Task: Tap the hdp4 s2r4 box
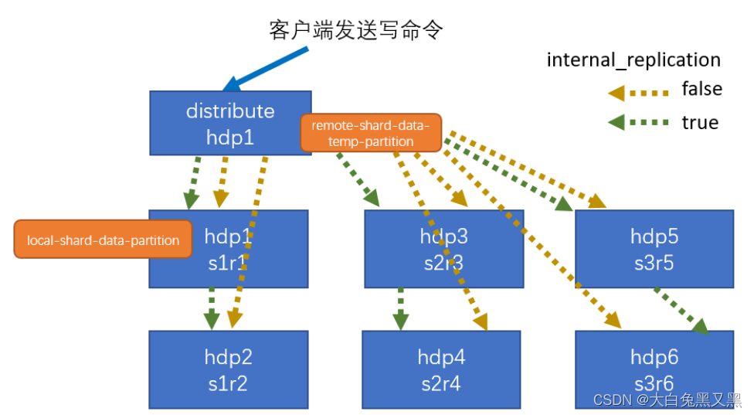[x=440, y=369]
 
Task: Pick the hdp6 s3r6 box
[x=654, y=369]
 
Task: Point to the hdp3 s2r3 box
[x=443, y=248]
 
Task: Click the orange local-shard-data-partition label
[x=103, y=240]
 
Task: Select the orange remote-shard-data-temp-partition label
[x=371, y=133]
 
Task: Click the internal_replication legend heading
[x=633, y=60]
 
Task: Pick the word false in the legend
[x=701, y=90]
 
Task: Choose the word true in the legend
[x=699, y=123]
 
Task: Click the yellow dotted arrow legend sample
[x=637, y=92]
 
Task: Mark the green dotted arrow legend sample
[x=637, y=123]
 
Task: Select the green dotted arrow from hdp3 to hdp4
[x=400, y=308]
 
